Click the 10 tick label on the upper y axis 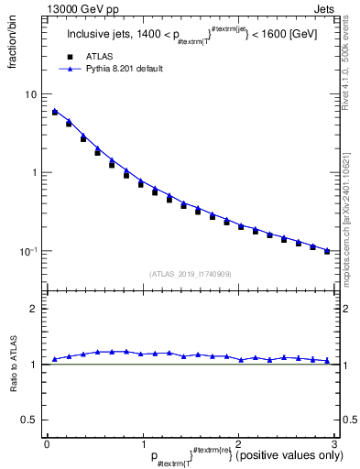point(31,94)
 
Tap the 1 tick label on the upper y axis point(34,172)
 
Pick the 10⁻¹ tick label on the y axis point(29,250)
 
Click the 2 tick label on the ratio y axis point(34,309)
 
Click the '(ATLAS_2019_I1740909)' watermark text point(190,274)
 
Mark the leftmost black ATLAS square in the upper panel point(54,113)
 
